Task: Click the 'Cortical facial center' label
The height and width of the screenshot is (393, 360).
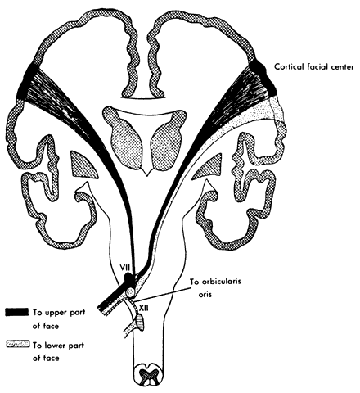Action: [x=314, y=66]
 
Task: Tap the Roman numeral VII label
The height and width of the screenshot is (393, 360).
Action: [x=126, y=267]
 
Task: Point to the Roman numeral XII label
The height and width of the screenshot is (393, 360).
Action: [x=143, y=307]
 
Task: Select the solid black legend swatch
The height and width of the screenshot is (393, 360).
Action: [x=16, y=312]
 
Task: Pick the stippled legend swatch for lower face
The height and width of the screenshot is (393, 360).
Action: [x=18, y=345]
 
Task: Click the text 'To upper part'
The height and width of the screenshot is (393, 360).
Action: [x=59, y=313]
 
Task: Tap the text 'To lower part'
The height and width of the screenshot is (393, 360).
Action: [x=58, y=346]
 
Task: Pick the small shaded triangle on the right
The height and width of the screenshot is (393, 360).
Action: [x=209, y=168]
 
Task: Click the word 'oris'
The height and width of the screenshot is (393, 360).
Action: [x=205, y=295]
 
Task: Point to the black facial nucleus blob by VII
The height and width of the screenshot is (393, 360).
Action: [x=128, y=279]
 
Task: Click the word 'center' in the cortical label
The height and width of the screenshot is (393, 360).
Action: [x=341, y=67]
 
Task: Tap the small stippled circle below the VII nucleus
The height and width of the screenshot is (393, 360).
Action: [x=131, y=292]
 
